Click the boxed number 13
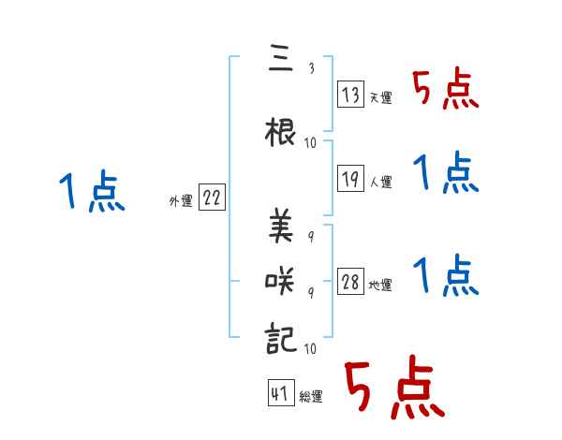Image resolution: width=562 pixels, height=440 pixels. (x=350, y=95)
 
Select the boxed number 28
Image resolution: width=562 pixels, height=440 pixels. (x=350, y=283)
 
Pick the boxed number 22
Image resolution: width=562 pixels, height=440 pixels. (x=212, y=198)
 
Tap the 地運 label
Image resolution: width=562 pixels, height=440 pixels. (x=380, y=286)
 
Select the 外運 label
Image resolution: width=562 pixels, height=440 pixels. (x=181, y=201)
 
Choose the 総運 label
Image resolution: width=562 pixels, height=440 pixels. (x=311, y=397)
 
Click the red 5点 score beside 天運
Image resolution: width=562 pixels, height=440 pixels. (x=445, y=91)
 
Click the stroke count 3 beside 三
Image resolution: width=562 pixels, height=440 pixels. (x=310, y=66)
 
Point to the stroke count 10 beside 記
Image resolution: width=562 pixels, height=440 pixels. (x=310, y=348)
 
